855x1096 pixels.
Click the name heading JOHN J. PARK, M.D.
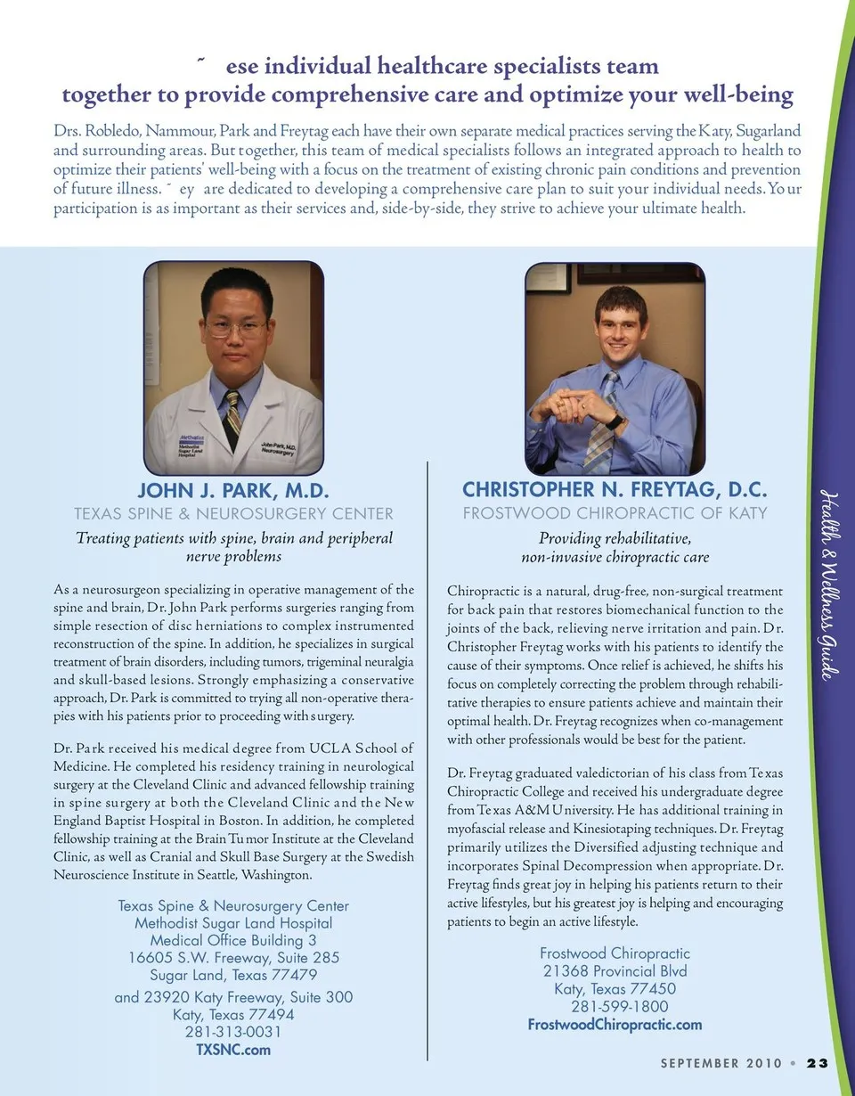pos(233,490)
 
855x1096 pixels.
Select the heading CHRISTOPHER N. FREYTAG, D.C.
pos(615,489)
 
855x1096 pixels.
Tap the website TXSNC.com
pos(233,1050)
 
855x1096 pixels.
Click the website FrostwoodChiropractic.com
pos(615,1025)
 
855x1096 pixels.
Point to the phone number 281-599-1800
pos(615,1007)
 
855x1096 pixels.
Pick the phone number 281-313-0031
pos(233,1032)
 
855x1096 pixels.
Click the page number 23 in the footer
pos(818,1062)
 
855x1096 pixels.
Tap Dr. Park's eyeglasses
pos(236,327)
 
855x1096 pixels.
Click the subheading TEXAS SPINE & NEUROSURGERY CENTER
pos(233,513)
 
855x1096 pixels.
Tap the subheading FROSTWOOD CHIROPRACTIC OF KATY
pos(615,513)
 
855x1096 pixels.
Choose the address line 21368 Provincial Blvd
pos(615,971)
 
